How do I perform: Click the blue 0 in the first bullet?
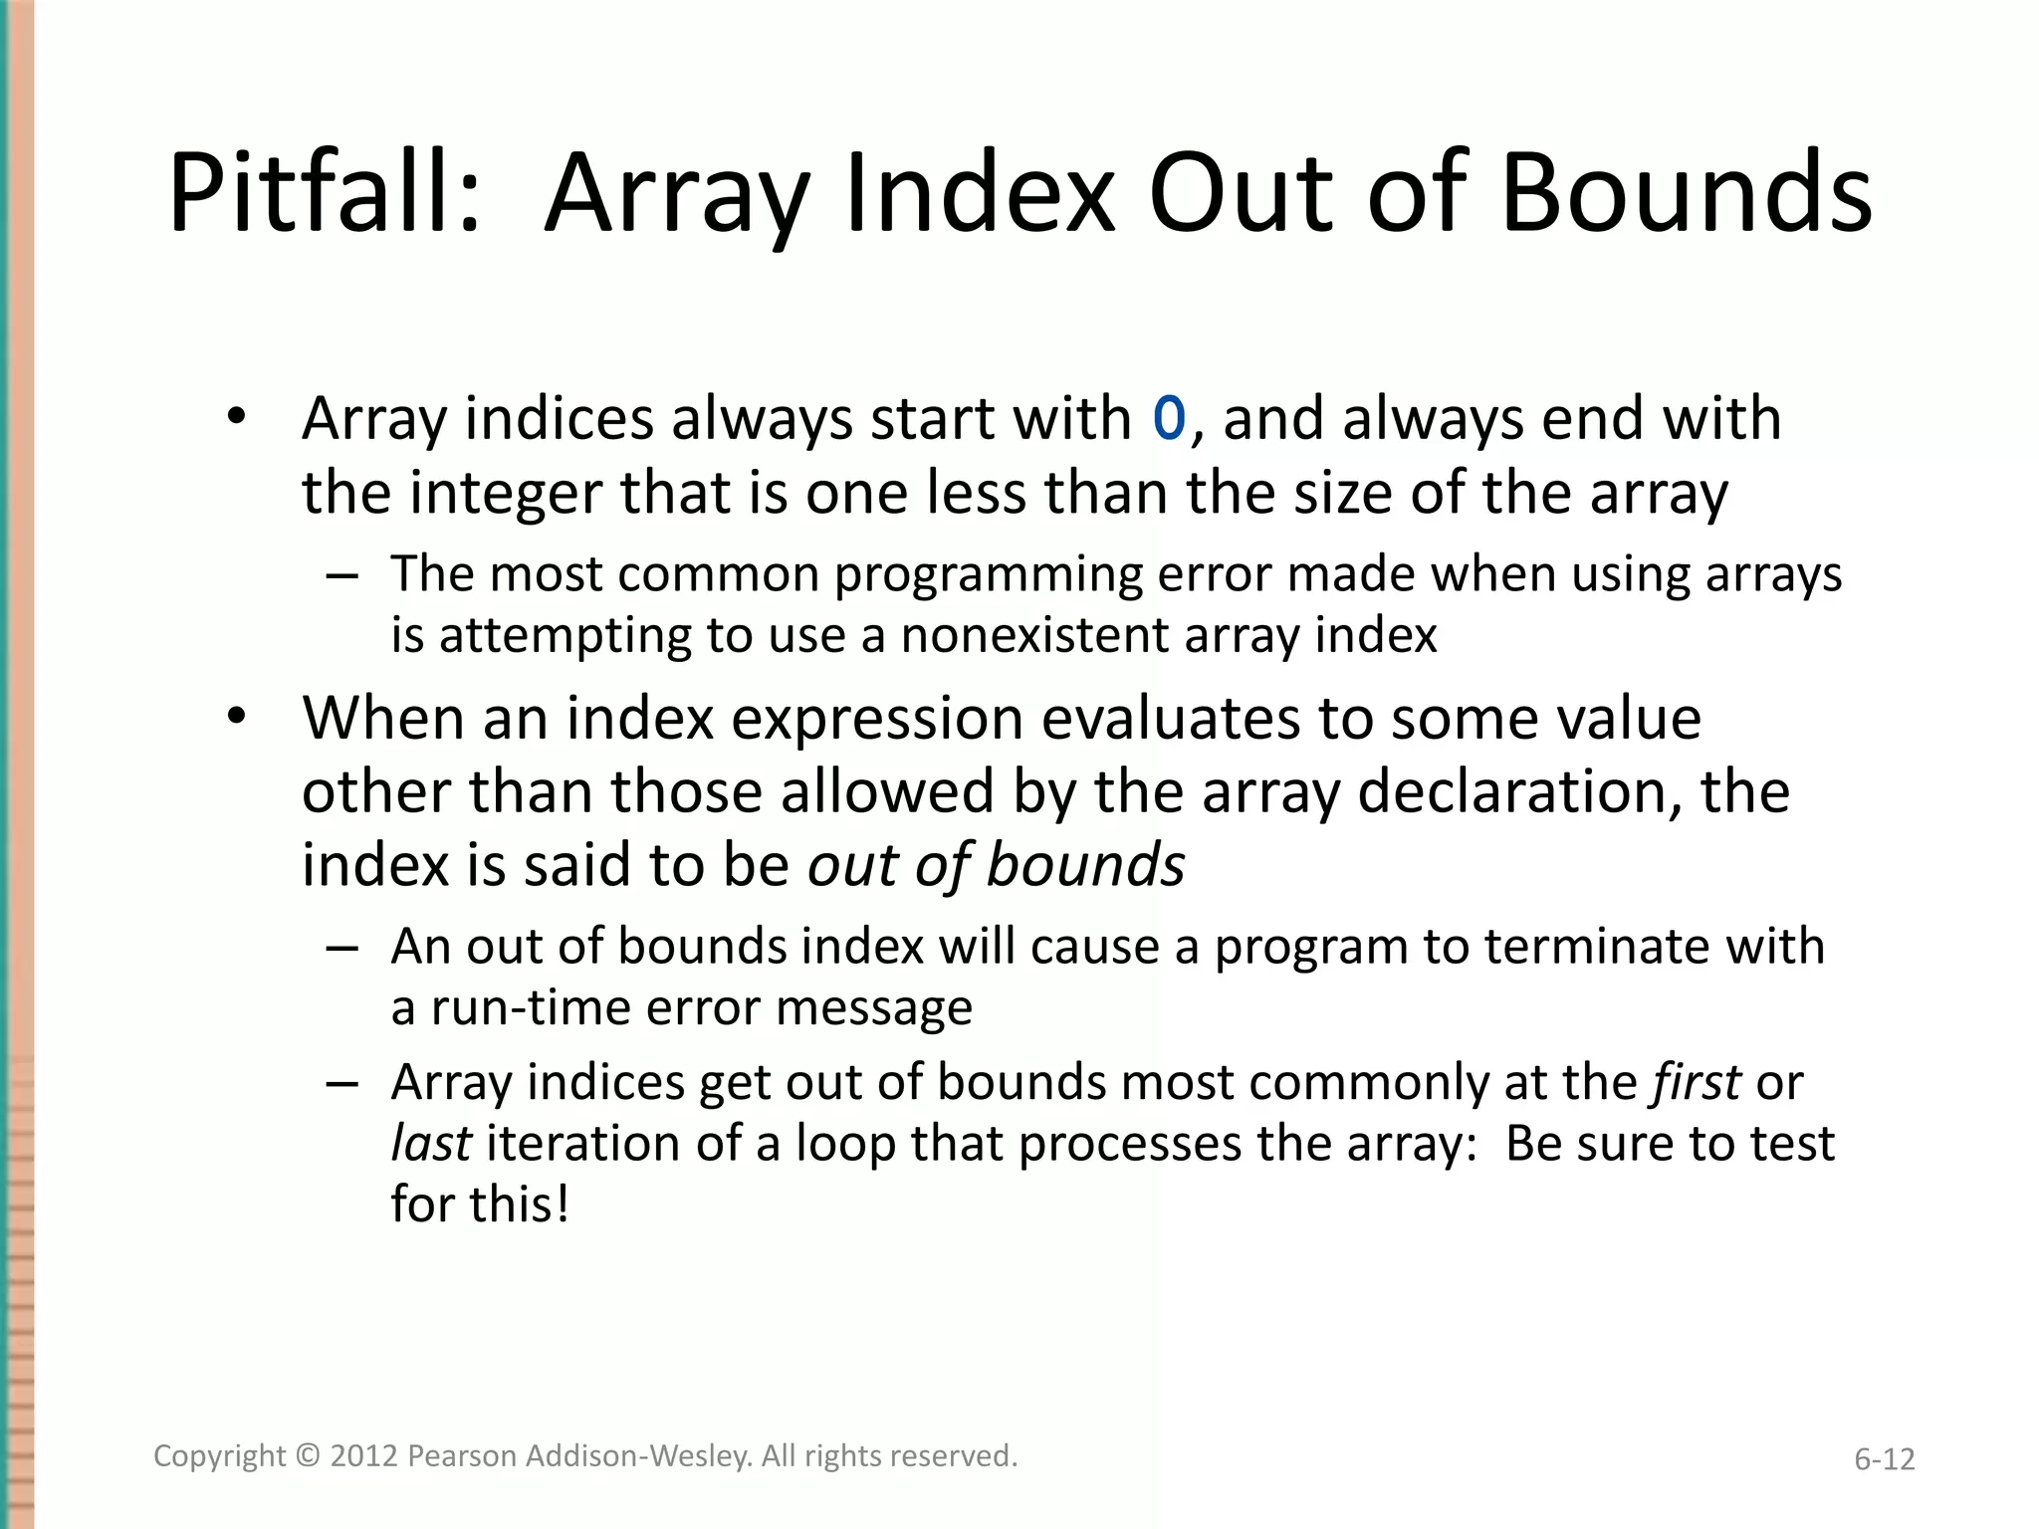click(1169, 418)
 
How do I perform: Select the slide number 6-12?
click(1884, 1459)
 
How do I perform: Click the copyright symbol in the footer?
click(309, 1455)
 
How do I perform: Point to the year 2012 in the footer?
click(364, 1455)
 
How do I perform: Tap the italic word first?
click(1697, 1082)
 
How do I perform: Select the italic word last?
click(430, 1143)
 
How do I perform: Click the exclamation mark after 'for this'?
click(564, 1203)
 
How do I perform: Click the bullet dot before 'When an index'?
click(236, 716)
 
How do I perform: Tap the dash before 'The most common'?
click(341, 576)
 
